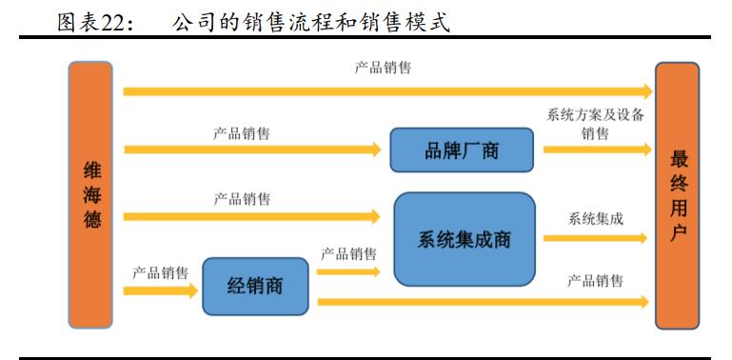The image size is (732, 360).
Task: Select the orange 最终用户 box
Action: pyautogui.click(x=678, y=194)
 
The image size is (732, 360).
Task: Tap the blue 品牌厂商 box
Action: pyautogui.click(x=461, y=150)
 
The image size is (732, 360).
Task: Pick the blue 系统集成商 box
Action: pyautogui.click(x=464, y=239)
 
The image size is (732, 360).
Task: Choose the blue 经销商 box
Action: pyautogui.click(x=255, y=286)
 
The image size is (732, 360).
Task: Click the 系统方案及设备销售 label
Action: pyautogui.click(x=595, y=124)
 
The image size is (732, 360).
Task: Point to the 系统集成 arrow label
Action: pyautogui.click(x=596, y=218)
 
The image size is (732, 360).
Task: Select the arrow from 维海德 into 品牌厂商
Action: pyautogui.click(x=252, y=150)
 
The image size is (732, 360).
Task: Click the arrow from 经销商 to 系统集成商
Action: pyautogui.click(x=346, y=271)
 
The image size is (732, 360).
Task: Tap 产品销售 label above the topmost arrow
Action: pyautogui.click(x=384, y=69)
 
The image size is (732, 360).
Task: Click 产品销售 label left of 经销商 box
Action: pyautogui.click(x=160, y=270)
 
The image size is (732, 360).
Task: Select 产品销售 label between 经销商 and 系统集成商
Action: pyautogui.click(x=348, y=254)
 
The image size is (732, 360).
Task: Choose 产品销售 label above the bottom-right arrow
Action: pyautogui.click(x=596, y=281)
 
